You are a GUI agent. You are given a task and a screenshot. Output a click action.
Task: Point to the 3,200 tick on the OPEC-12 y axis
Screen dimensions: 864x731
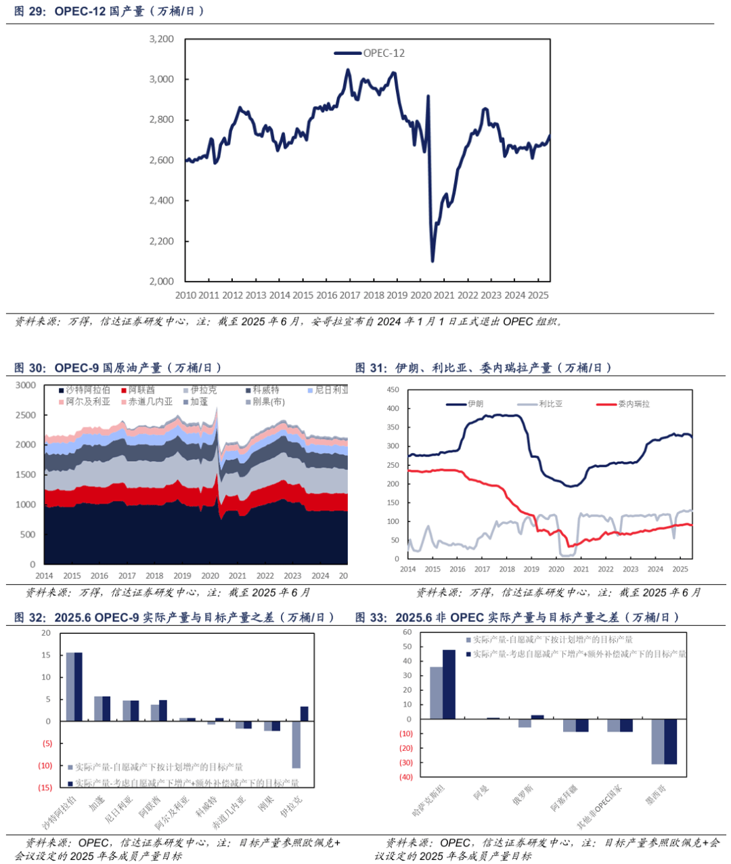click(161, 39)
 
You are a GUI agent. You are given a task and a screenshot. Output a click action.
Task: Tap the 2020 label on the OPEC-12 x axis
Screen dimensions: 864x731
click(420, 295)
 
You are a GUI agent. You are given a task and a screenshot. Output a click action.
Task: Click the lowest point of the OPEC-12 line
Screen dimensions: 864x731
click(433, 261)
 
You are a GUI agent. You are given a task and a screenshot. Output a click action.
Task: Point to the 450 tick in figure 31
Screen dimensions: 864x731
click(393, 390)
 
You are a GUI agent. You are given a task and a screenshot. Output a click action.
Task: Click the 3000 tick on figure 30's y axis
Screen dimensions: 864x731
click(26, 385)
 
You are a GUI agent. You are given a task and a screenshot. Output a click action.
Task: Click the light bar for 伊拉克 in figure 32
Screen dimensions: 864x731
click(296, 744)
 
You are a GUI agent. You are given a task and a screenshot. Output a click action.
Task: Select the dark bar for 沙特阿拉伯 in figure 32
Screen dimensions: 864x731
click(79, 687)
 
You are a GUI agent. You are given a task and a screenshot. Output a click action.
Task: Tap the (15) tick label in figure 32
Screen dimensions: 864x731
click(45, 787)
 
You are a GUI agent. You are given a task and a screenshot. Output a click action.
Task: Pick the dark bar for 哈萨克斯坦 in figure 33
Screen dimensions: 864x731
click(449, 684)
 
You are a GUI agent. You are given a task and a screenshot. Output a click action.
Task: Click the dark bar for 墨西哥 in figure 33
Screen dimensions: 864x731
click(671, 741)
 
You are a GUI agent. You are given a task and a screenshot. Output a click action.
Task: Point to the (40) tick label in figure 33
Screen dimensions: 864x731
click(405, 777)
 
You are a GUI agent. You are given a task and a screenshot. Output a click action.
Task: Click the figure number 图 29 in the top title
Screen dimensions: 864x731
click(29, 12)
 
